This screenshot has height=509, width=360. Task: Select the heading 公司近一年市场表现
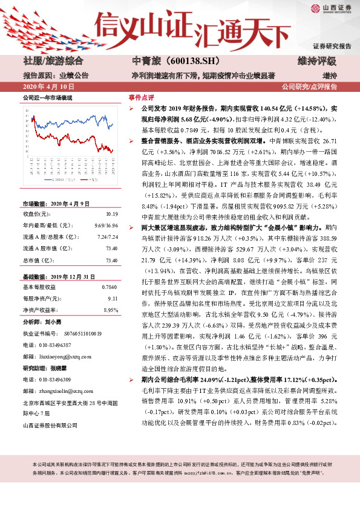tap(47, 97)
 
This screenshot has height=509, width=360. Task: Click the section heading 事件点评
tap(141, 97)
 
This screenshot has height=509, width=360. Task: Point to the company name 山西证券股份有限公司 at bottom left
tap(50, 424)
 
